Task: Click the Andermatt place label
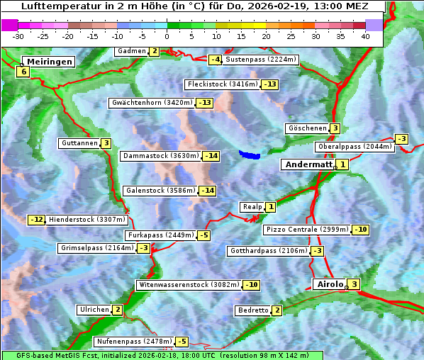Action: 308,164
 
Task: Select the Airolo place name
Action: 330,284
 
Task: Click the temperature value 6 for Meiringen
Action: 23,72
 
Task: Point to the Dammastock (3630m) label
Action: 160,156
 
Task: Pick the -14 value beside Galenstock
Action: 207,191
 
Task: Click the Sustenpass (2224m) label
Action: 262,60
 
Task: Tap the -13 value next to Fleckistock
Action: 269,85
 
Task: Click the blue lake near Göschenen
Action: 250,154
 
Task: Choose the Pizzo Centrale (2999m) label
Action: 307,230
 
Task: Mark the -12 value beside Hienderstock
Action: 36,220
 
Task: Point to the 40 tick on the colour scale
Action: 365,36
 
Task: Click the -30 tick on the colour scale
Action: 18,36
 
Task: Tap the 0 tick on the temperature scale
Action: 167,36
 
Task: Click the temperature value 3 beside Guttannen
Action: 106,143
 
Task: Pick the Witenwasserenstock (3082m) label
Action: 189,285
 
